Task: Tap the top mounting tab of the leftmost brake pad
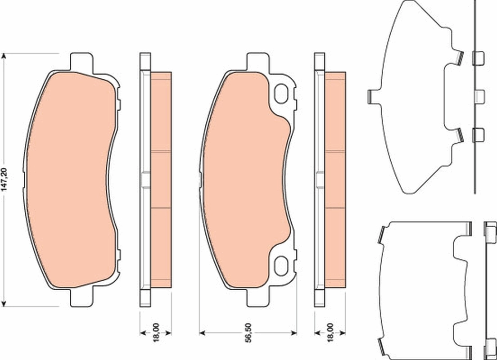click(x=82, y=61)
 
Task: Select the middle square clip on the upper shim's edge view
click(x=479, y=95)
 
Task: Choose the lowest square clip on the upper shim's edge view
click(x=478, y=135)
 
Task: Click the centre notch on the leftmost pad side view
click(x=145, y=180)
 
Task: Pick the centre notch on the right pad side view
click(x=320, y=180)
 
